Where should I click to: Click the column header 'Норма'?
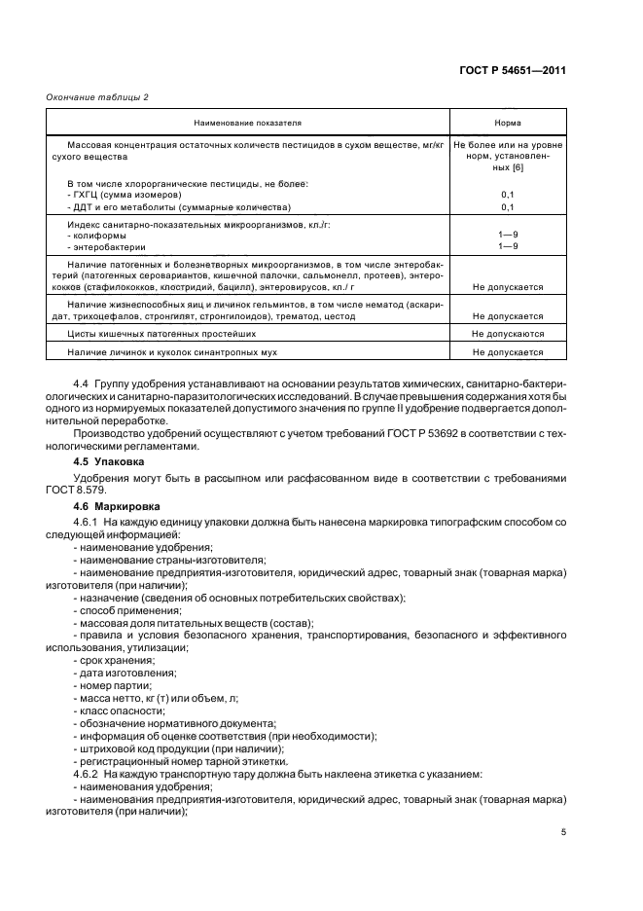click(x=507, y=124)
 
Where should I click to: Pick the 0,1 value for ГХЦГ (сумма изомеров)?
click(x=507, y=195)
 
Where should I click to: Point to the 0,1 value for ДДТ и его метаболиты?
click(x=507, y=207)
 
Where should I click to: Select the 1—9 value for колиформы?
click(x=507, y=235)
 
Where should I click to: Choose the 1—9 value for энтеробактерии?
click(x=507, y=247)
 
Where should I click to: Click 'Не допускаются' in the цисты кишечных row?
click(x=507, y=334)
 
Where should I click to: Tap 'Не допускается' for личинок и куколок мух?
click(x=507, y=352)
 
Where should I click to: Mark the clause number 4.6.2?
click(x=89, y=774)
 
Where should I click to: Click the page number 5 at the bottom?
click(x=563, y=832)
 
